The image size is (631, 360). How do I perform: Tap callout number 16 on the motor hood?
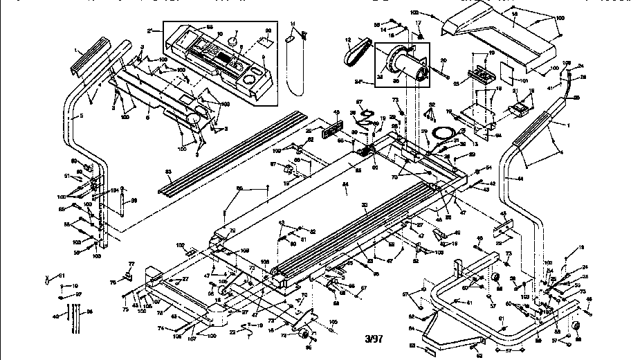coord(514,13)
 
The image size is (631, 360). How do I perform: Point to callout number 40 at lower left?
coord(57,316)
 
